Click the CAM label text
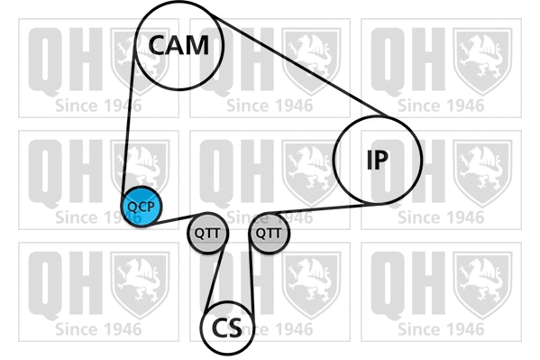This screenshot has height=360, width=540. (178, 45)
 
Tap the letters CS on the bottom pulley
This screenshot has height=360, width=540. (227, 328)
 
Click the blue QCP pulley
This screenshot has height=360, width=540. (142, 207)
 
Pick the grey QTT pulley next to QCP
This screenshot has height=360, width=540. (207, 233)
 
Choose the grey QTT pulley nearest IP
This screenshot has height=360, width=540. (269, 233)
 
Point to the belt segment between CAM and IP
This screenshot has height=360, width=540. (299, 66)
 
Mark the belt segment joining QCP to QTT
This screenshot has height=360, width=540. (174, 220)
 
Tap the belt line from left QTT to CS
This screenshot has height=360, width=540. (215, 280)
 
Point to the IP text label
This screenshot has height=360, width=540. (378, 160)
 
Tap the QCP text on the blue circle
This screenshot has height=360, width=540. (142, 207)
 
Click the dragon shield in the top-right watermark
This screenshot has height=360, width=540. (482, 61)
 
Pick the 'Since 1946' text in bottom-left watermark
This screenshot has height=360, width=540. (98, 329)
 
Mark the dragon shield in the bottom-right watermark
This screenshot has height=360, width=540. (482, 285)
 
